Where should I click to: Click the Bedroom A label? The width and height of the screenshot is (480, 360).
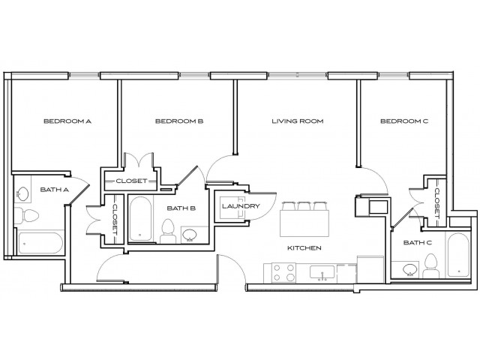[x=67, y=121]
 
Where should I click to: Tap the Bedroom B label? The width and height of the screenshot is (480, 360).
[x=179, y=121]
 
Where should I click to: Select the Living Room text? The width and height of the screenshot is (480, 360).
[x=297, y=121]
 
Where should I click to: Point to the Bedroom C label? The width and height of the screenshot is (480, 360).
[x=403, y=121]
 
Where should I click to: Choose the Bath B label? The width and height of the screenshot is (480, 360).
[x=182, y=208]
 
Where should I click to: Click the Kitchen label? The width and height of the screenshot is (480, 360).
[x=305, y=247]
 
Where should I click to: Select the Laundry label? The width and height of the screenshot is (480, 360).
[x=241, y=207]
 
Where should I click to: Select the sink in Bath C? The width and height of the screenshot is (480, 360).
[x=409, y=268]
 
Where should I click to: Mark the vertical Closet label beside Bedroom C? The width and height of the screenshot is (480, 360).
[x=437, y=202]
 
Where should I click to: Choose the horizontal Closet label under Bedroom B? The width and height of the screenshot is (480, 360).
[x=130, y=181]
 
